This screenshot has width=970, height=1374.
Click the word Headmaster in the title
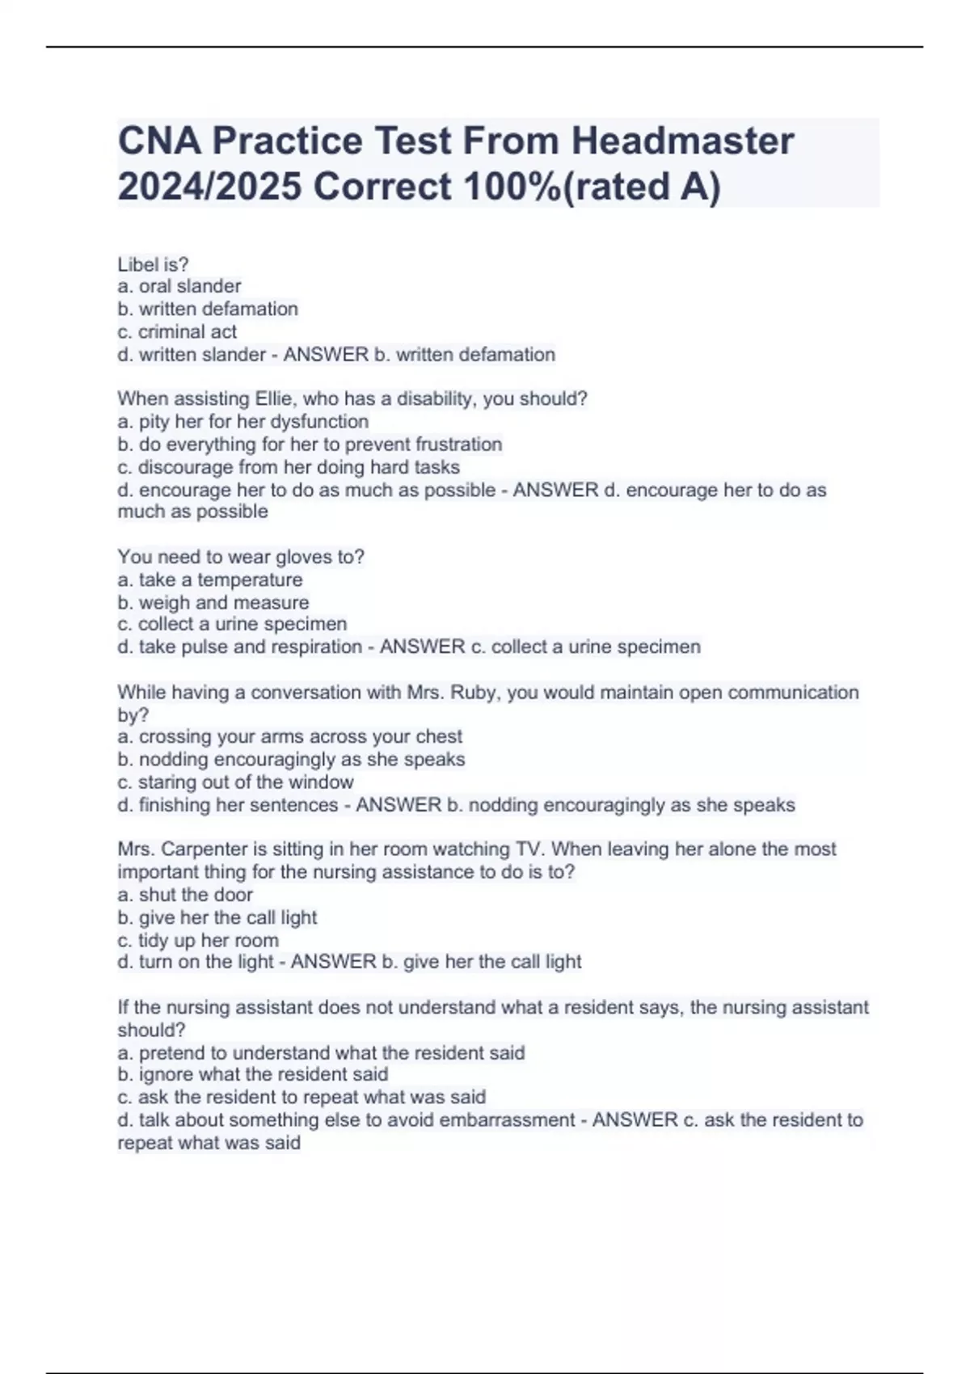pos(683,141)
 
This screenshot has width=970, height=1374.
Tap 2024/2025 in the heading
pos(209,187)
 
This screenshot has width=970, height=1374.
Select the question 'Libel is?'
pos(153,264)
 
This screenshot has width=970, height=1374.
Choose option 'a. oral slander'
pos(179,286)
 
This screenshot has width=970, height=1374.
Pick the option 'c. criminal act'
pos(177,331)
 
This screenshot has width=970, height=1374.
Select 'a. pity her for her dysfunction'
pos(242,421)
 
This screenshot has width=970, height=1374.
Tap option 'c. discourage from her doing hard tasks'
pos(289,467)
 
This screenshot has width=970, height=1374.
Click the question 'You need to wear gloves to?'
pos(241,557)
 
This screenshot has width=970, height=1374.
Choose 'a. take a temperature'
pos(210,580)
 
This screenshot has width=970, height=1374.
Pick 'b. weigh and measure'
pos(213,602)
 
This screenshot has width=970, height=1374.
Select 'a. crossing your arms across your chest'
pos(290,736)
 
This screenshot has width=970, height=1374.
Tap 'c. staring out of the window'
pos(235,782)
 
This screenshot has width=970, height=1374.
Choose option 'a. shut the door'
pos(185,895)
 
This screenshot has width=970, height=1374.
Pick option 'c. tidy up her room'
pos(198,940)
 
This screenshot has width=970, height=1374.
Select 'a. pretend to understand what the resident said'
pos(321,1052)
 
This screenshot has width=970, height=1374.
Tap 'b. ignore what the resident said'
pos(253,1074)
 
